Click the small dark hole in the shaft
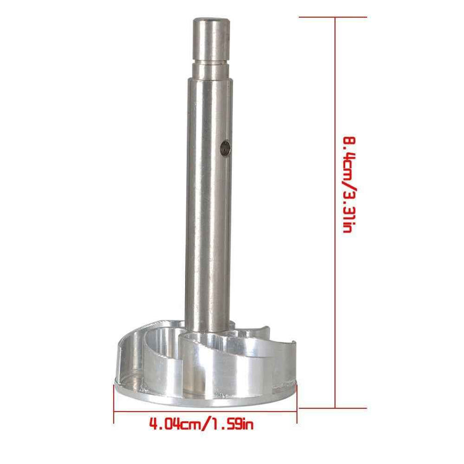coord(226,148)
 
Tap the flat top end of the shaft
coord(211,20)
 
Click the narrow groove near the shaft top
coord(211,63)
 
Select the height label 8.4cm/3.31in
coord(349,185)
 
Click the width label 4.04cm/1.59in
coord(201,425)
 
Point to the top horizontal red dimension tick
coord(332,17)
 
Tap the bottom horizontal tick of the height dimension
coord(332,408)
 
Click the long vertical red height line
coord(335,213)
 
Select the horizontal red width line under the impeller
coord(205,411)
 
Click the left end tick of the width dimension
coord(114,404)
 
